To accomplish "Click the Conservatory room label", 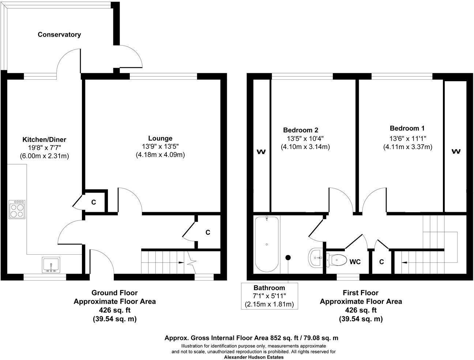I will coord(59,35).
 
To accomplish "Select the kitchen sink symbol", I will coord(51,265).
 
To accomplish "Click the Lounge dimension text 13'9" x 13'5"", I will coord(160,146).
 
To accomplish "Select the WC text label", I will coord(355,262).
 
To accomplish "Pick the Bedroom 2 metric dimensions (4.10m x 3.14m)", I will coord(305,147).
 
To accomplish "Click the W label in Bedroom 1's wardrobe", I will coord(455,151).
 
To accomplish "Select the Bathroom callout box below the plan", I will coord(269,296).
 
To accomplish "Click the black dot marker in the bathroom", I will coord(288,258).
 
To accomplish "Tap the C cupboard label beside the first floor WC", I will coord(381,262).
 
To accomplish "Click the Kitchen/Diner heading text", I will coord(44,140).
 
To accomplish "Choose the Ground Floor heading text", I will coord(114,293).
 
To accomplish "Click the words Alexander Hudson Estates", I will coord(253,357).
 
